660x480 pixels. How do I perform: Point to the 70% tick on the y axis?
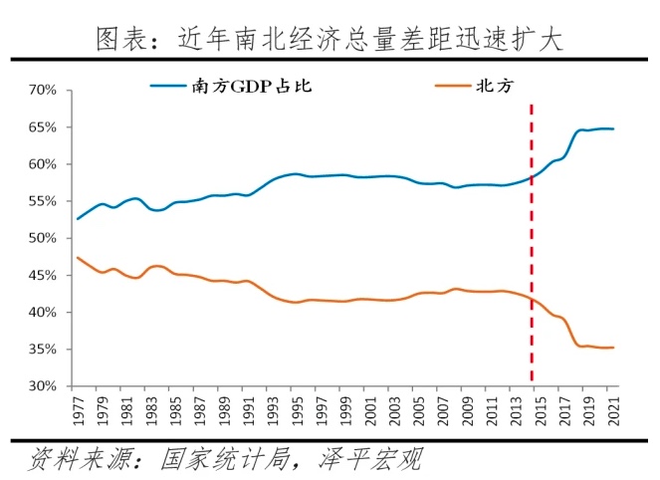tap(45, 90)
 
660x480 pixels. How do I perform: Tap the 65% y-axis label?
tap(45, 127)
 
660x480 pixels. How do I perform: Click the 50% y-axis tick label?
tap(45, 238)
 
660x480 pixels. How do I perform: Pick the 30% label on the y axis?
tap(45, 386)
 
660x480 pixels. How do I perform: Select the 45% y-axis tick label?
tap(45, 275)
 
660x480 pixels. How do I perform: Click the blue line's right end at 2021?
tap(613, 128)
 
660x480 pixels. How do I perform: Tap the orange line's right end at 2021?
tap(613, 348)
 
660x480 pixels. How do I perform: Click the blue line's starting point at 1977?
tap(78, 218)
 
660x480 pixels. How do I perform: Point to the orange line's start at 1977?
tap(78, 258)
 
